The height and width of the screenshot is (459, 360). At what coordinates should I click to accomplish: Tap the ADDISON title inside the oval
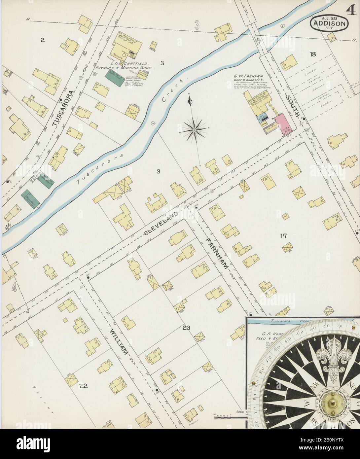pos(329,24)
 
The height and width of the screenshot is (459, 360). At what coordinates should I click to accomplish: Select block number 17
pos(283,236)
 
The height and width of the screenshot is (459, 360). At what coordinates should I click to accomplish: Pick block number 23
pos(186,328)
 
